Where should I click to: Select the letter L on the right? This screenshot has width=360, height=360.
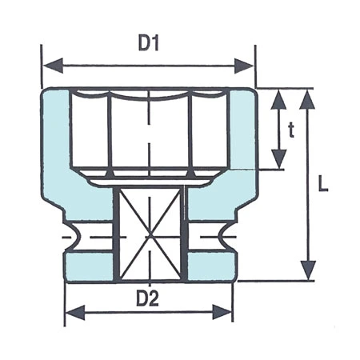click(322, 183)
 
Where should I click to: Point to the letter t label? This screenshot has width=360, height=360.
click(291, 130)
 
